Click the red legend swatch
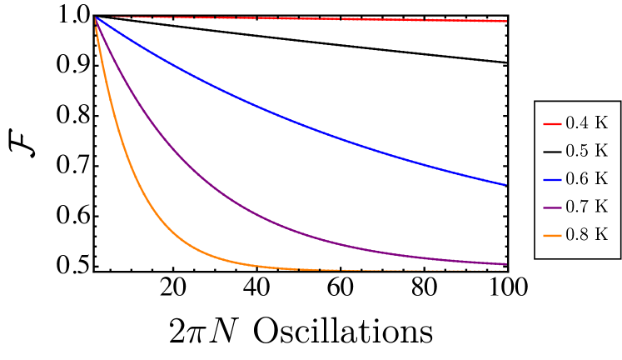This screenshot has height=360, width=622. (x=552, y=124)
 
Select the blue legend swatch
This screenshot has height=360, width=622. (x=552, y=179)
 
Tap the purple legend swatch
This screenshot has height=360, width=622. (x=552, y=207)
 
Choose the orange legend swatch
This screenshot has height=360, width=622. (x=552, y=236)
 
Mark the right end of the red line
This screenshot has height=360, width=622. (x=506, y=21)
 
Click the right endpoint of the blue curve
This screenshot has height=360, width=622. (x=505, y=184)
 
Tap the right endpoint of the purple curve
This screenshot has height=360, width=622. (x=505, y=264)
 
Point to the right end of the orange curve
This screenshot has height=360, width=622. (x=505, y=270)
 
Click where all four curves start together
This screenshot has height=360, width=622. (x=96, y=17)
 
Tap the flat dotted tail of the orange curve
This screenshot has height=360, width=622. (x=400, y=270)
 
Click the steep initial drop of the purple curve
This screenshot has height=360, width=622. (x=117, y=67)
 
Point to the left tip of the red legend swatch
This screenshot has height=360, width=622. (x=544, y=124)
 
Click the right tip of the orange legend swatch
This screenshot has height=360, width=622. (x=561, y=236)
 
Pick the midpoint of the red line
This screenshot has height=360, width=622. (x=301, y=18)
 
